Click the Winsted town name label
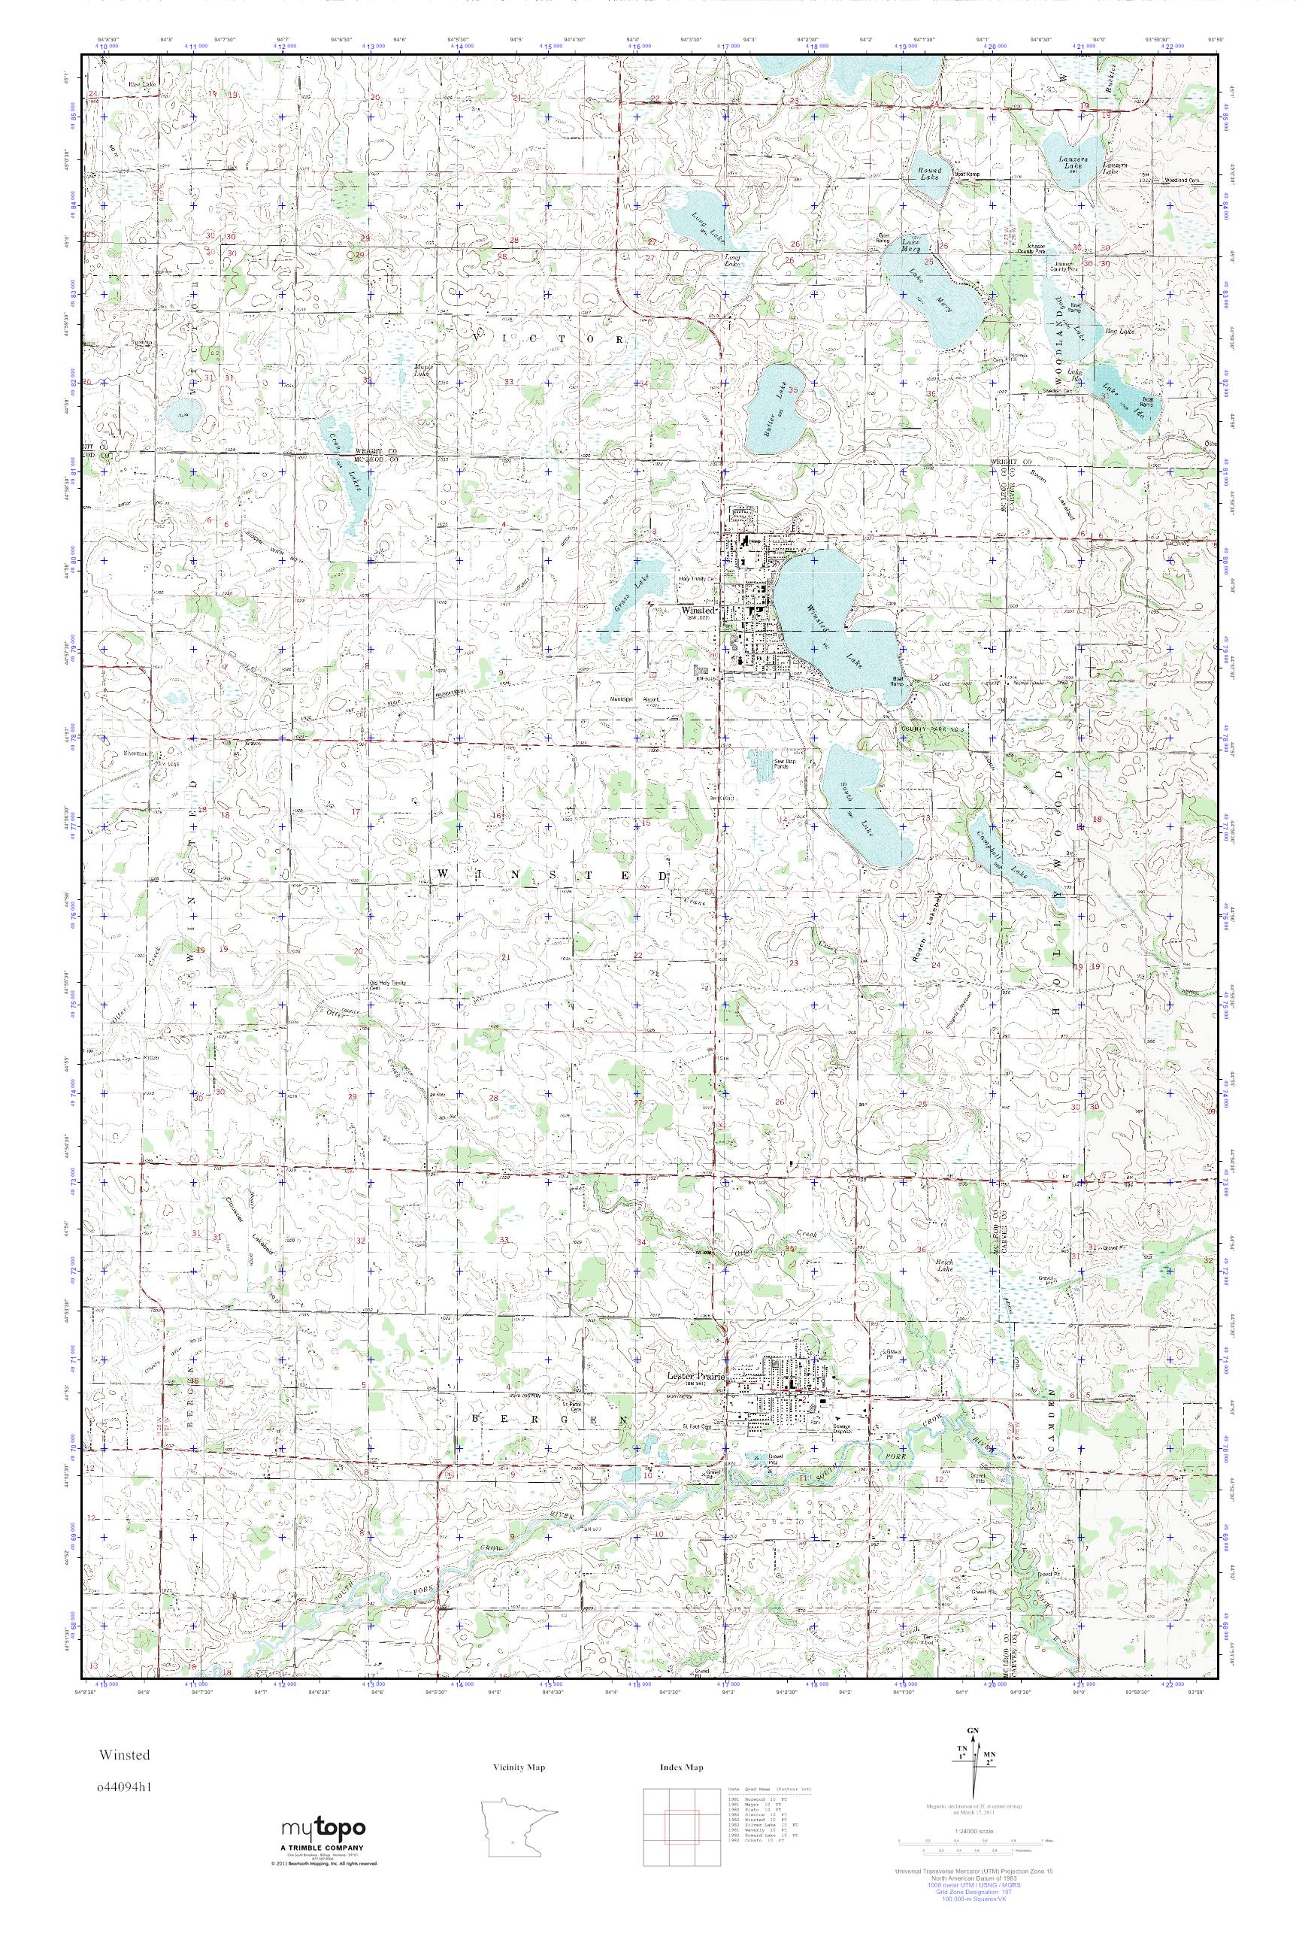(697, 610)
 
